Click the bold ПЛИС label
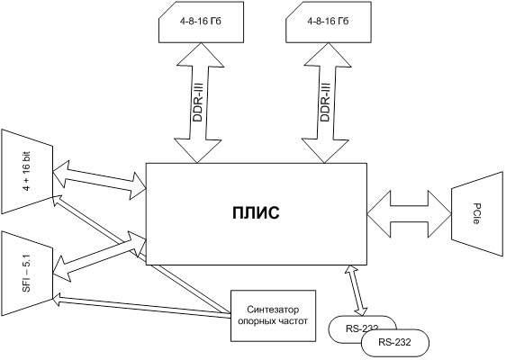(256, 213)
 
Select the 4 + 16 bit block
(27, 171)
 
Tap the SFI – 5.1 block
(27, 273)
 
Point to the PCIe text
(476, 213)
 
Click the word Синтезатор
(273, 310)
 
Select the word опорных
(257, 322)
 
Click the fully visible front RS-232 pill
(395, 343)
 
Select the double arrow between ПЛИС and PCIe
(409, 214)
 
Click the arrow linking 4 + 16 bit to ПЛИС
(99, 180)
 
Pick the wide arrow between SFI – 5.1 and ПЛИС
(99, 256)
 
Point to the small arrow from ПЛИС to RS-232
(356, 290)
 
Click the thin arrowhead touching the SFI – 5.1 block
(58, 299)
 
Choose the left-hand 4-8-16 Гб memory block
(201, 22)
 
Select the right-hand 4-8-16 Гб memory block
(329, 22)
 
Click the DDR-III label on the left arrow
(197, 103)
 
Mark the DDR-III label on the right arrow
(325, 103)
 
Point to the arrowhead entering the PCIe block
(439, 214)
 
